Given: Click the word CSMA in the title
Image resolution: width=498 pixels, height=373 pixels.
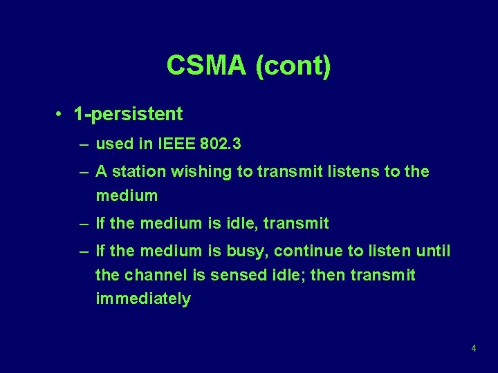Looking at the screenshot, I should [x=206, y=66].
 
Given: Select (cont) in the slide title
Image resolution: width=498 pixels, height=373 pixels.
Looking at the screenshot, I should [x=293, y=66].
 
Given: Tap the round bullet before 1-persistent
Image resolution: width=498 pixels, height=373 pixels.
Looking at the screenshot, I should [x=61, y=114].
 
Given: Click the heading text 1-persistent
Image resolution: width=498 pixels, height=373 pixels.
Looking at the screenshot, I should [x=129, y=114].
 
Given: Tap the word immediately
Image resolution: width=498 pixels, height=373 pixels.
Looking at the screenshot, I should [x=142, y=299].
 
